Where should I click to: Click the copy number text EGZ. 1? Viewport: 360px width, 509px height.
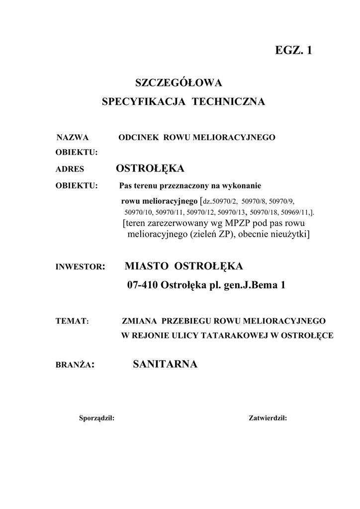[x=293, y=50]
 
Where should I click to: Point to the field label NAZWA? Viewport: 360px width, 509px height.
[x=72, y=137]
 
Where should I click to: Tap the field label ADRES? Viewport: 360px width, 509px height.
[x=70, y=170]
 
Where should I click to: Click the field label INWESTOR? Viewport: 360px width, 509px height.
[x=78, y=267]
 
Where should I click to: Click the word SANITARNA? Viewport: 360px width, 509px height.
[x=166, y=365]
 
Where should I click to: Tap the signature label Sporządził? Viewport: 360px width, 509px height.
[x=96, y=418]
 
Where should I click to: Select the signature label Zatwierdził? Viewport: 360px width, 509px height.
[x=268, y=418]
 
